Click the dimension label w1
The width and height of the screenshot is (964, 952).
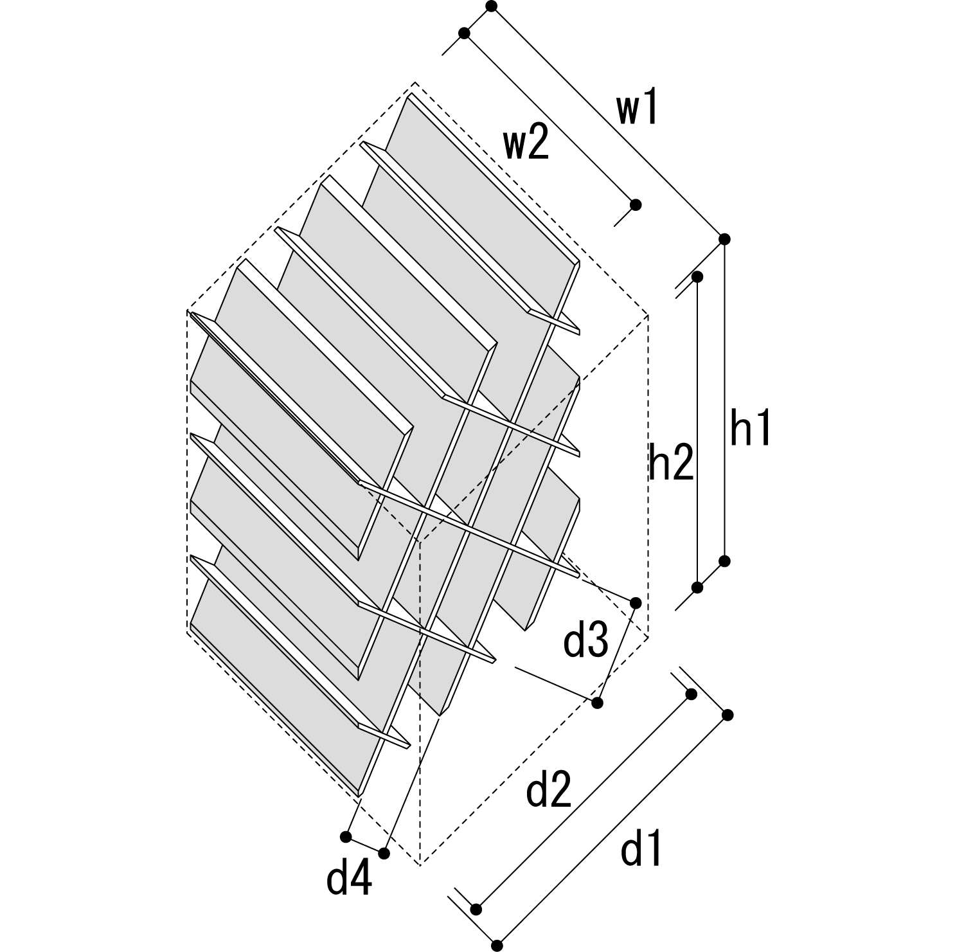coord(638,111)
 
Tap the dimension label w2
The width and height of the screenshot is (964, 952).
coord(526,145)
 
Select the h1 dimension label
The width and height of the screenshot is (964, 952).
coord(750,428)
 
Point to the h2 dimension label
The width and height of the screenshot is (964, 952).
coord(671,463)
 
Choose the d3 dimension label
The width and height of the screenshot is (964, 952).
coord(585,642)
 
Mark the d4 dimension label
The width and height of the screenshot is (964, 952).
coord(349,879)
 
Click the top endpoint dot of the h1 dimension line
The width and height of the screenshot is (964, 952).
coord(725,239)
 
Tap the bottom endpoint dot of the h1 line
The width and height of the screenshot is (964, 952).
coord(725,561)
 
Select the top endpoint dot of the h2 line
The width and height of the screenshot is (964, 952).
coord(697,276)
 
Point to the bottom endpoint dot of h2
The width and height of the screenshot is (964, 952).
coord(697,587)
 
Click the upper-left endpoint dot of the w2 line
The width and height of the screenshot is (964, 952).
coord(464,33)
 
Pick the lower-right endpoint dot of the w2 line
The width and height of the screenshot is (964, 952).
coord(636,205)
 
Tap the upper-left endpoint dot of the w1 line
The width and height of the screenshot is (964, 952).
coord(492,6)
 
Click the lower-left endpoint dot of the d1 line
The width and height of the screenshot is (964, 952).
coord(497,946)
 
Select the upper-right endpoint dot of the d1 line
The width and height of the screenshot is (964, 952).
coord(727,715)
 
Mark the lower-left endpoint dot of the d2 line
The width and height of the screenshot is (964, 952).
coord(476,909)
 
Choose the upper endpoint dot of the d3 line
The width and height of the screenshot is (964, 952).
coord(636,602)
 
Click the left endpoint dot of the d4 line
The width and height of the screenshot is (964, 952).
coord(346,836)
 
